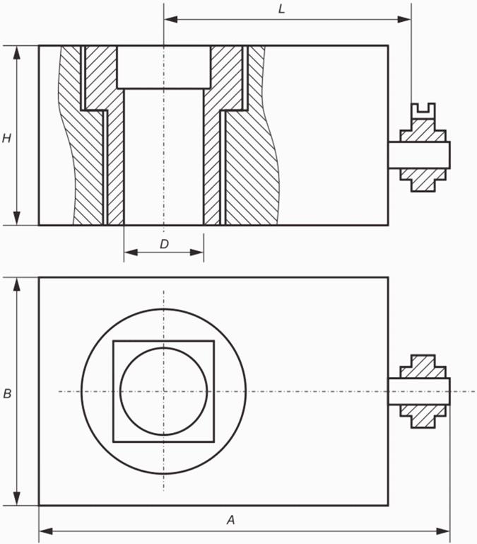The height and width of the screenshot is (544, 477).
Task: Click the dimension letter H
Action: [x=6, y=139]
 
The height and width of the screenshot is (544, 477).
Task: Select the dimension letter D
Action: [x=164, y=244]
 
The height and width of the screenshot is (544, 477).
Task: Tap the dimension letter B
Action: [x=7, y=394]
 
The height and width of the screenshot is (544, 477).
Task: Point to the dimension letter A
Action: [x=230, y=520]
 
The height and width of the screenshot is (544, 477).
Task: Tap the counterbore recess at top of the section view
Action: [x=164, y=66]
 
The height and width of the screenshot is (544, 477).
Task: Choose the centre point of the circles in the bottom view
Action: [x=164, y=391]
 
